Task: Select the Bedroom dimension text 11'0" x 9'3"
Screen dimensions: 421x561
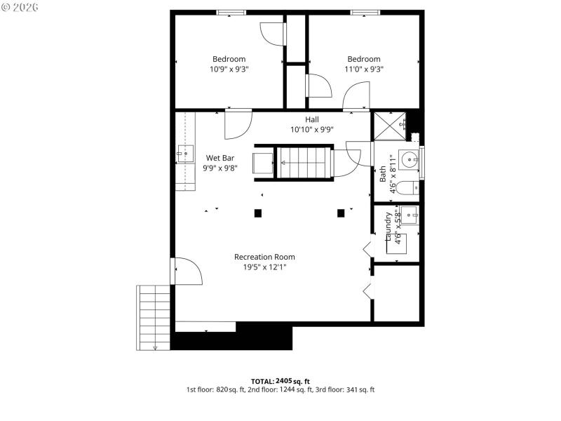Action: coord(363,69)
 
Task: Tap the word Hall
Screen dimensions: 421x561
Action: coord(311,119)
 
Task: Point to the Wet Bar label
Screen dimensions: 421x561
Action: coord(219,158)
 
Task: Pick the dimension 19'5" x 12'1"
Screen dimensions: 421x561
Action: coord(264,267)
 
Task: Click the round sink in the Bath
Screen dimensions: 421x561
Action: coord(409,158)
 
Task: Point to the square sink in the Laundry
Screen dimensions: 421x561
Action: coord(410,215)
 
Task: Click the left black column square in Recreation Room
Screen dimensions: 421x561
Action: coord(258,213)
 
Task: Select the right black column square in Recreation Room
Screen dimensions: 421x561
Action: coord(342,213)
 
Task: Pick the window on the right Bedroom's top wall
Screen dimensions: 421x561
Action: coord(365,12)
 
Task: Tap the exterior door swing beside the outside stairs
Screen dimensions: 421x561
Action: coord(188,272)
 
